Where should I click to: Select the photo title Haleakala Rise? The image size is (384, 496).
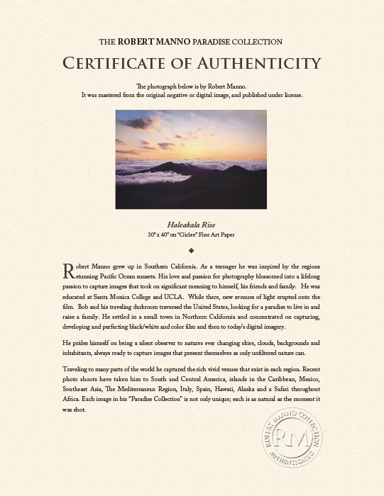pos(192,222)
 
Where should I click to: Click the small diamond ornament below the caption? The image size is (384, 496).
pos(192,249)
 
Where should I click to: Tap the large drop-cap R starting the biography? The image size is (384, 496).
pos(68,270)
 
